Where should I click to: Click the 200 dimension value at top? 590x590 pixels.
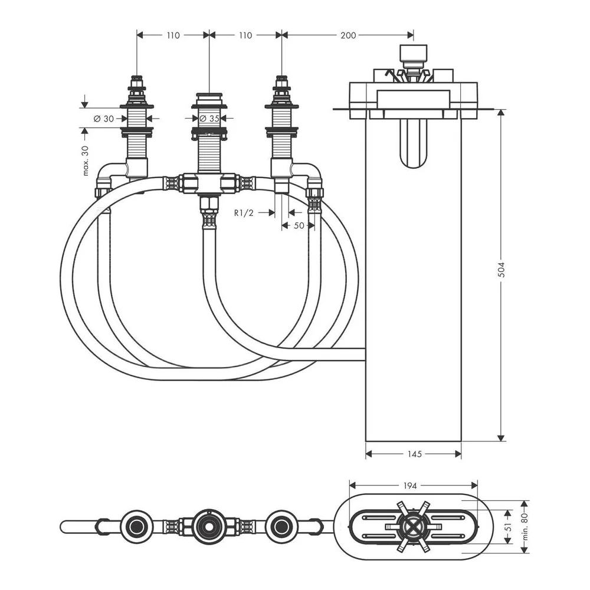tap(348, 35)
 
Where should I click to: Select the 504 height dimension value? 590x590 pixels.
tap(501, 270)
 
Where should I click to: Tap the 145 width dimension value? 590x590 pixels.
tap(414, 454)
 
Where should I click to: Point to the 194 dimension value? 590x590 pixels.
tap(410, 486)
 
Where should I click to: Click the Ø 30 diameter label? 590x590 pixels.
tap(104, 119)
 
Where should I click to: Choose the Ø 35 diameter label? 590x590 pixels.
tap(209, 119)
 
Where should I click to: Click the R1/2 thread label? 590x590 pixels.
tap(244, 213)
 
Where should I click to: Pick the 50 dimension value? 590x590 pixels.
tap(299, 225)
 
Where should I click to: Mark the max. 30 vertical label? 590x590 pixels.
tap(86, 160)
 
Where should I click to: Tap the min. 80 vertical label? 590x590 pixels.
tap(525, 526)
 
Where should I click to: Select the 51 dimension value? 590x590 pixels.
tap(508, 527)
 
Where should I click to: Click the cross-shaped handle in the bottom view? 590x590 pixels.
tap(413, 527)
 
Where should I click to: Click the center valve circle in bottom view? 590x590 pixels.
tap(209, 527)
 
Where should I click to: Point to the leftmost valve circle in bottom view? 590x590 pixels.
tap(136, 527)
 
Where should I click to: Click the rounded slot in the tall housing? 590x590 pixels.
tap(413, 143)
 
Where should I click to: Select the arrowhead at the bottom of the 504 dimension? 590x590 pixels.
tap(501, 438)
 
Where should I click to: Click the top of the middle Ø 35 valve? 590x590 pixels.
tap(209, 93)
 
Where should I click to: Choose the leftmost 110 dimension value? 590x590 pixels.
tap(173, 35)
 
